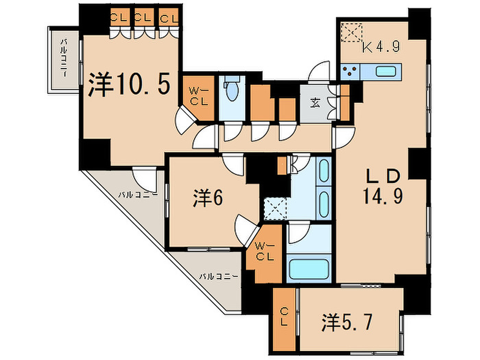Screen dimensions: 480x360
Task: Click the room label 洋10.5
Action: click(129, 85)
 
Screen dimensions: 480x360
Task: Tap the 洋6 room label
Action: click(208, 198)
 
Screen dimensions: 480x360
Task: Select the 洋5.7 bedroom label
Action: click(347, 322)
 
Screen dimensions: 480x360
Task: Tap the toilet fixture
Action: click(232, 89)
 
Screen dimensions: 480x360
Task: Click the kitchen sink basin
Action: click(386, 72)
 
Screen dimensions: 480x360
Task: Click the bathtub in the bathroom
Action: click(309, 269)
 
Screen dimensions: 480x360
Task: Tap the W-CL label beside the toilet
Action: click(199, 96)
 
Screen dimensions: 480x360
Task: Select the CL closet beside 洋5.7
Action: click(284, 320)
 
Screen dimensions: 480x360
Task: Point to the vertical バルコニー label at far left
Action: click(64, 58)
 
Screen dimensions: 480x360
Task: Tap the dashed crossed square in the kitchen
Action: click(352, 33)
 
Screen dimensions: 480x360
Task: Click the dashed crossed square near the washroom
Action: click(275, 209)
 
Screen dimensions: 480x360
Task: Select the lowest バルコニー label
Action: click(218, 277)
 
